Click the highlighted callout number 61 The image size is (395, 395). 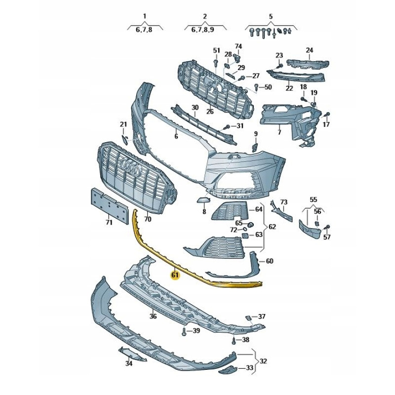click(175, 275)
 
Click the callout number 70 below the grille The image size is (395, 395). click(147, 218)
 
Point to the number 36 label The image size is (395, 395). click(153, 316)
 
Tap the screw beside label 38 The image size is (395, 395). click(234, 341)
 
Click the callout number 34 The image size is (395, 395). click(129, 364)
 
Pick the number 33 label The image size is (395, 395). click(250, 368)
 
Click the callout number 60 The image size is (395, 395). click(269, 261)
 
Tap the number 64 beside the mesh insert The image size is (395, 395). click(259, 209)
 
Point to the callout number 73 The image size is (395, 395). click(283, 202)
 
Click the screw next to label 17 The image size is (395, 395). click(326, 116)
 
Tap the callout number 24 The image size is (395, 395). click(310, 50)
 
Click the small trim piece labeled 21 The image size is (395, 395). click(125, 139)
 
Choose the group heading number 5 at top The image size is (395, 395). click(271, 17)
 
